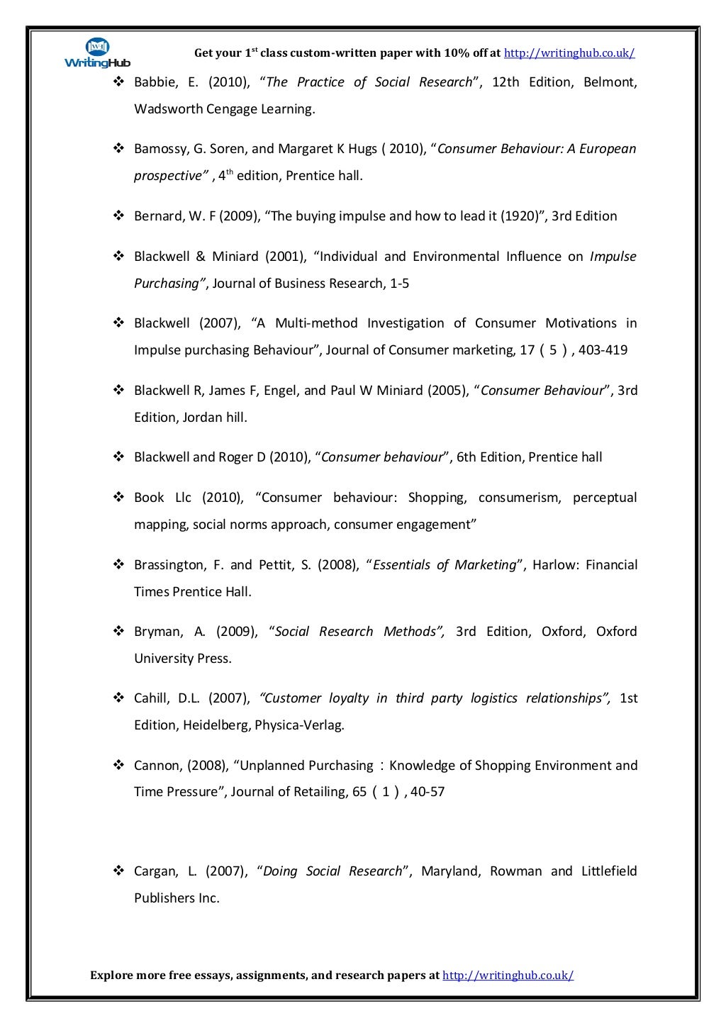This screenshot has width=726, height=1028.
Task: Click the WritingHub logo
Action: [x=97, y=53]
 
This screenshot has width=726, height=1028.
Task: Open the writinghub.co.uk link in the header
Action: [x=569, y=53]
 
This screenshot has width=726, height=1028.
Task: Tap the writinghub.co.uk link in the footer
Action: [x=508, y=976]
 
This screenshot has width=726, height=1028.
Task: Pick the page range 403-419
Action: [x=603, y=350]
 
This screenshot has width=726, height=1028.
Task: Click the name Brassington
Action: [x=169, y=565]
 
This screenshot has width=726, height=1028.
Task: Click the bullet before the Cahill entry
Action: [x=119, y=698]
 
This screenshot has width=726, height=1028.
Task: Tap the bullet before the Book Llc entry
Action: [x=119, y=498]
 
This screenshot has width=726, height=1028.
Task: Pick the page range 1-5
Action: [x=399, y=284]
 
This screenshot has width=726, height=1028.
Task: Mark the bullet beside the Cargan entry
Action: [x=119, y=871]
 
